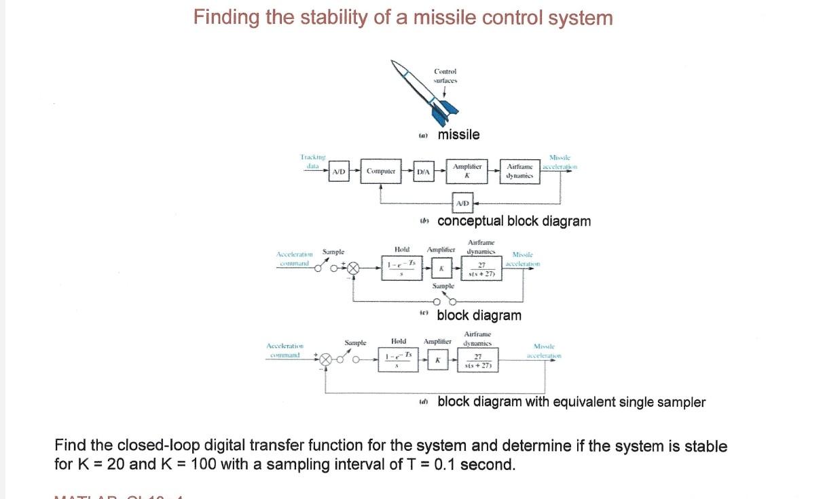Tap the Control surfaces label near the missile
tap(445, 75)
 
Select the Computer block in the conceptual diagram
tap(381, 172)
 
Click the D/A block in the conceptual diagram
tap(423, 172)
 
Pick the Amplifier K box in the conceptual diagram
tap(467, 171)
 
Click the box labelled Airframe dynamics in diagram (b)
tap(519, 171)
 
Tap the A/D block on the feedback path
tap(462, 203)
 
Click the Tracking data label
tap(313, 161)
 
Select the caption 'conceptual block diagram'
tap(514, 221)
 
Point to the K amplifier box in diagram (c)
tap(441, 269)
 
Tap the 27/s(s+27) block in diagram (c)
tap(481, 269)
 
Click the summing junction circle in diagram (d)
tap(327, 360)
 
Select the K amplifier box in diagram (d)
tap(438, 359)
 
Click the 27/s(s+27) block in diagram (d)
tap(478, 360)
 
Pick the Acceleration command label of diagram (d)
tap(285, 351)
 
